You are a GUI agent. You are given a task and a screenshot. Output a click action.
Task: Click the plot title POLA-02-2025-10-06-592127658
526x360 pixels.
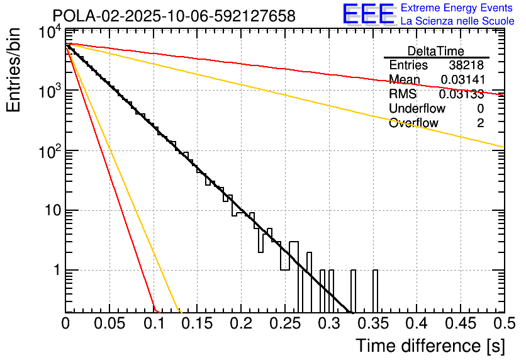click(x=174, y=16)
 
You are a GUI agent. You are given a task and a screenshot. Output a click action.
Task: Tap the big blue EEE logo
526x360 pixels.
click(x=368, y=14)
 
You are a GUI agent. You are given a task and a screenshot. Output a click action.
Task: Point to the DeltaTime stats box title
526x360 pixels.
click(x=436, y=51)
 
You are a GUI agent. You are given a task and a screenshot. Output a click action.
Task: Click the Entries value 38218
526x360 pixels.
click(x=466, y=65)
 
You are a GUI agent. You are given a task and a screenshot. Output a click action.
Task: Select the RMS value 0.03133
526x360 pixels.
click(x=461, y=94)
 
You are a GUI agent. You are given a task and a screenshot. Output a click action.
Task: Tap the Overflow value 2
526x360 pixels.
click(x=480, y=123)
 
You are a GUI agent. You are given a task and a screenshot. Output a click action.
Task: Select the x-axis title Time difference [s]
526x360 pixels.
click(x=430, y=346)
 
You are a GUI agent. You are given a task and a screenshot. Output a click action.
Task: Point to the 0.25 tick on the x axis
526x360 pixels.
click(x=284, y=323)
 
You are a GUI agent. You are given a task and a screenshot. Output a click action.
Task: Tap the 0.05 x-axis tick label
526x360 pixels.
click(x=109, y=323)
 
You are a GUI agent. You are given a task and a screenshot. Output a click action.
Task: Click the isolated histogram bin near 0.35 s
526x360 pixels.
click(x=375, y=291)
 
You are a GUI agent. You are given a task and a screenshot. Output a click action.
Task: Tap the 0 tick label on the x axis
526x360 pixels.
click(x=65, y=323)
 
